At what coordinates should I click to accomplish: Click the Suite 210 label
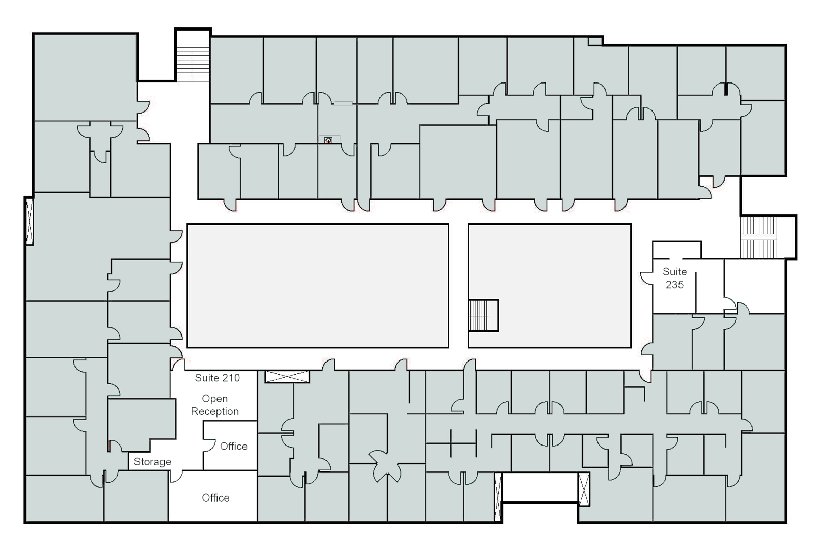coord(217,378)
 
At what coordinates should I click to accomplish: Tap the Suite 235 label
coord(674,278)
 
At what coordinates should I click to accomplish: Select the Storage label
coord(152,462)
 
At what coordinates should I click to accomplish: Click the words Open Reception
coord(214,405)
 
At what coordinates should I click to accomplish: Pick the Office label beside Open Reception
coord(233,446)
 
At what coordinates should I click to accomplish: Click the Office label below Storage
coord(215,497)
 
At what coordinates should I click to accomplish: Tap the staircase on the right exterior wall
coord(759,237)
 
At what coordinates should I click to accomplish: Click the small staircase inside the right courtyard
coord(479,315)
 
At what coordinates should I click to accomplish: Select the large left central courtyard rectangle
coord(318,285)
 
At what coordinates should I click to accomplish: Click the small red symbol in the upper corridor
coord(329,140)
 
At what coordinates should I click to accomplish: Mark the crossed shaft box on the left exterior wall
coord(30,220)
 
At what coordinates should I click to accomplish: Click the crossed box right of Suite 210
coord(287,377)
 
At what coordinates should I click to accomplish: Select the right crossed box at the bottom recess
coord(584,489)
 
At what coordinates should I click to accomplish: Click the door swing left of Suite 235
coord(646,278)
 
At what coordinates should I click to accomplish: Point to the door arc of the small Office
coord(209,446)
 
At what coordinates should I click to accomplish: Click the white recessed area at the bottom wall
coord(540,487)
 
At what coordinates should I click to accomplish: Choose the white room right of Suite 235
coord(754,285)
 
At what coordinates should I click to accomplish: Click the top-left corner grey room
coord(85,76)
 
